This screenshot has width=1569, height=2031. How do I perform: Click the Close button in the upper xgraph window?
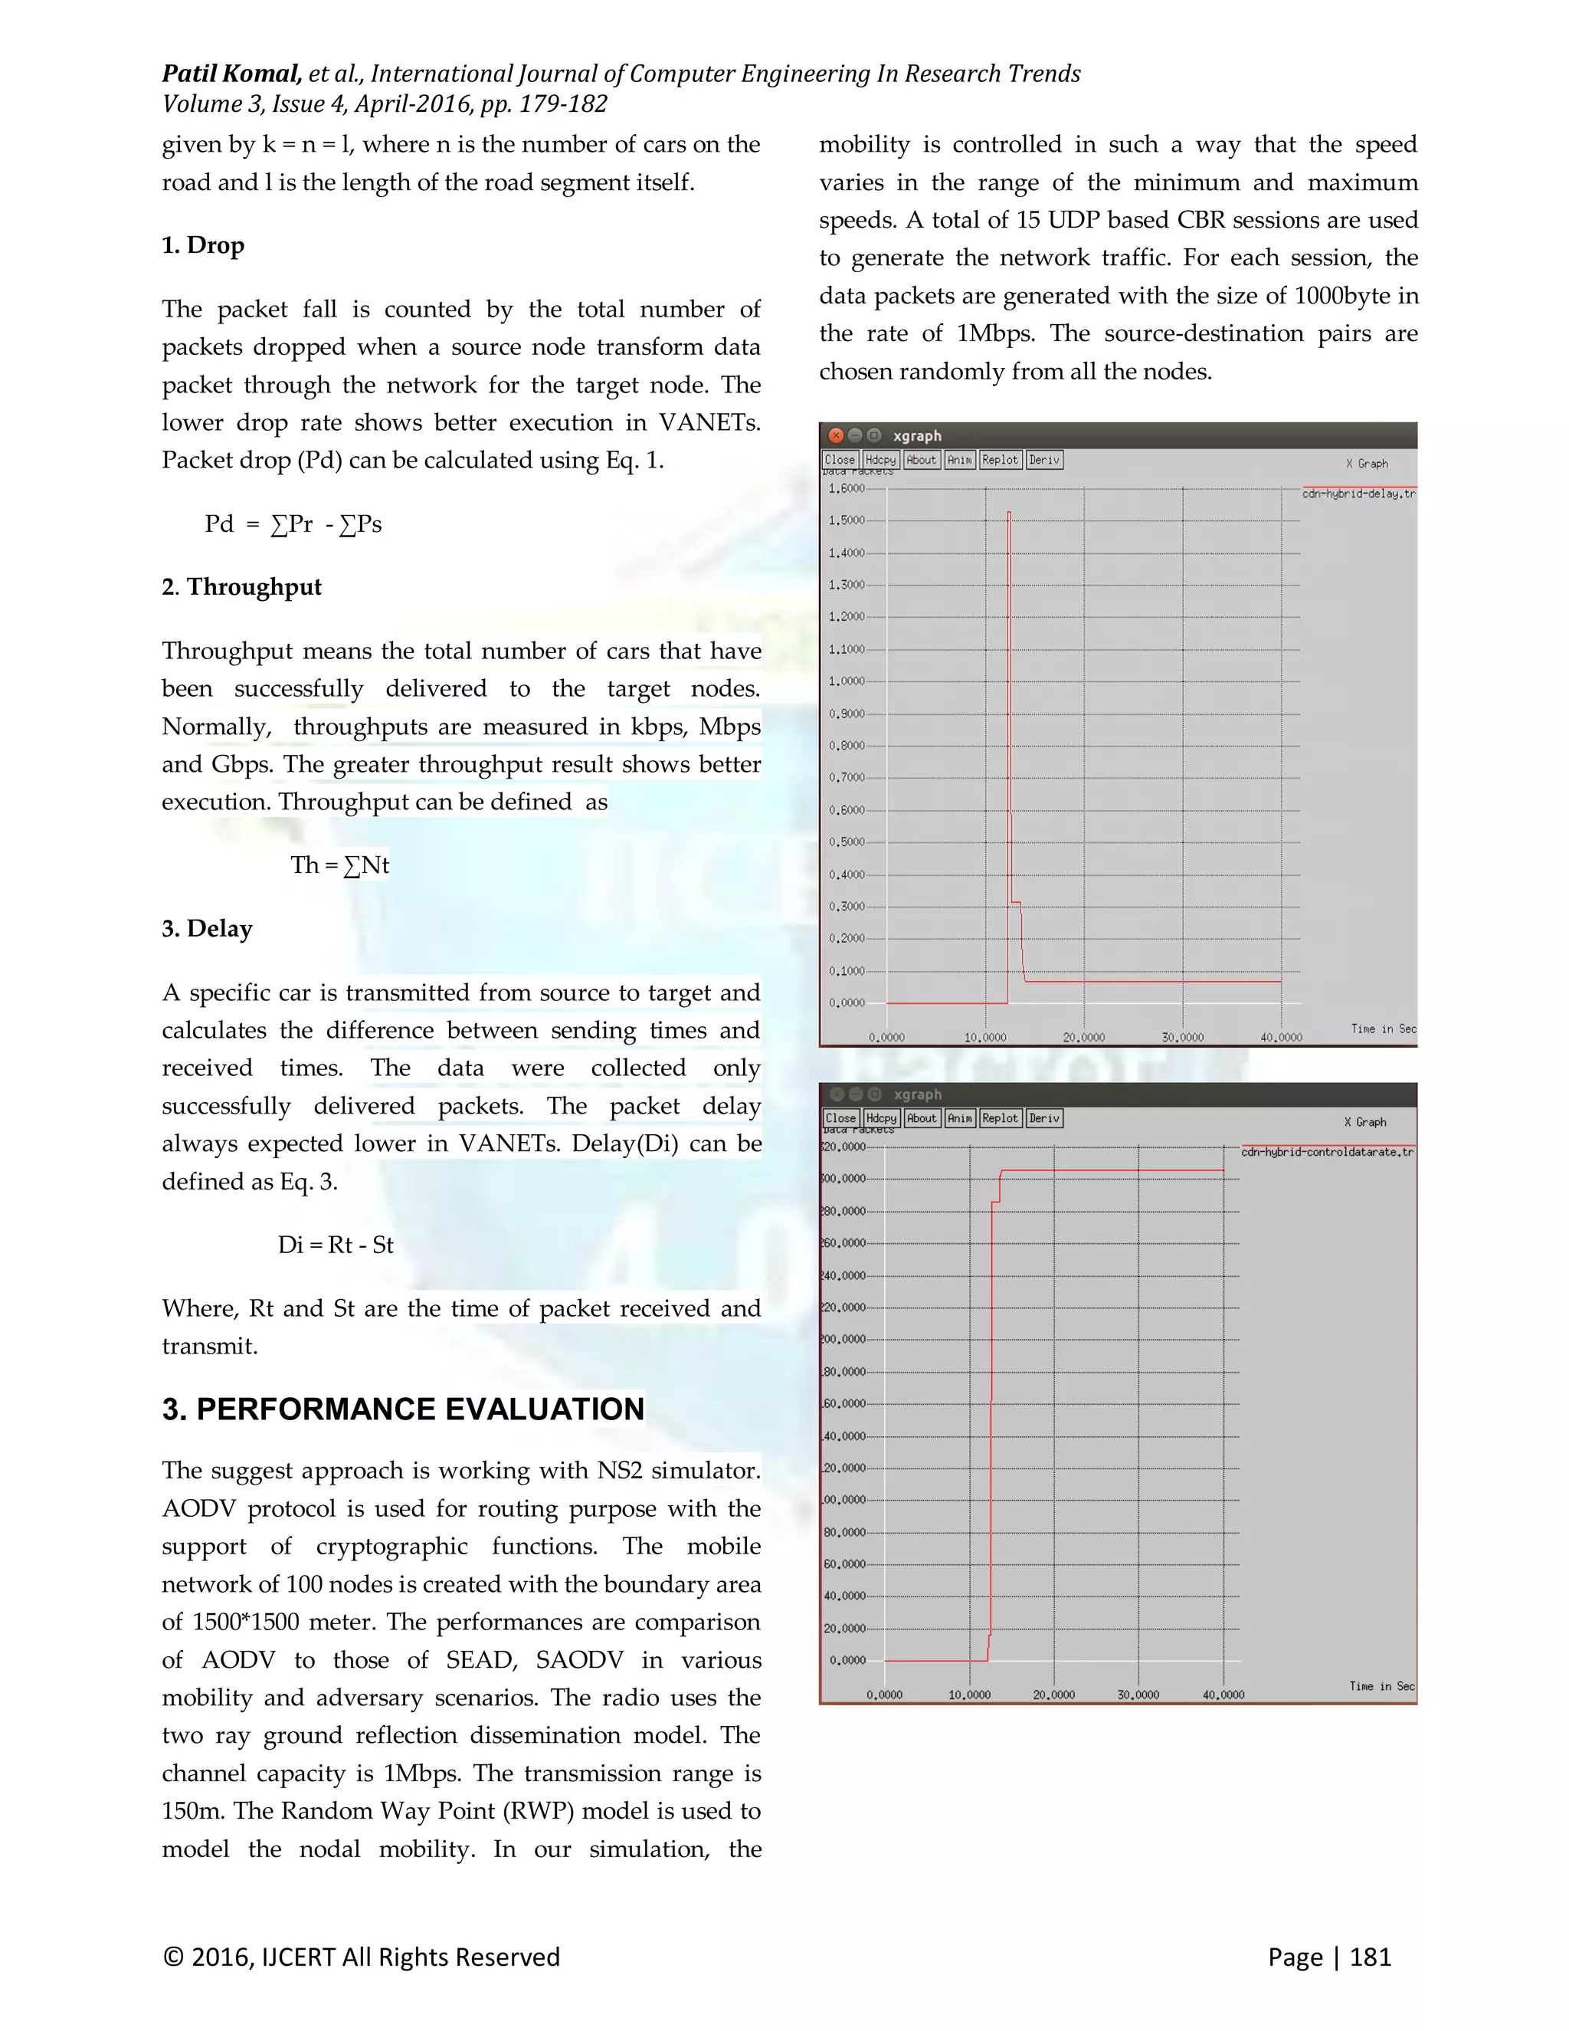click(840, 459)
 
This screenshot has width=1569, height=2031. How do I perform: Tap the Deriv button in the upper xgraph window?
click(1044, 459)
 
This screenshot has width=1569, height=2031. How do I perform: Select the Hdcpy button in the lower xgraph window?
click(880, 1117)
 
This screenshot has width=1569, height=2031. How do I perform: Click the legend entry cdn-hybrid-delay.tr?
click(1358, 494)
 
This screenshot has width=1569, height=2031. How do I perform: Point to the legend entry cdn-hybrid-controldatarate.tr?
click(1328, 1152)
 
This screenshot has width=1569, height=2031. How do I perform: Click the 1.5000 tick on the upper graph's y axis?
click(846, 520)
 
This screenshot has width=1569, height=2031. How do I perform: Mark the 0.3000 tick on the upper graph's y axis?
click(846, 907)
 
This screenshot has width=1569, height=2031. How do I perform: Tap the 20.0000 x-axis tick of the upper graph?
click(1084, 1037)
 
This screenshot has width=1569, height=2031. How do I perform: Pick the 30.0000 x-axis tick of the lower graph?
click(1138, 1695)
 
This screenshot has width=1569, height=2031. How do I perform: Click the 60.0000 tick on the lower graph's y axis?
click(844, 1564)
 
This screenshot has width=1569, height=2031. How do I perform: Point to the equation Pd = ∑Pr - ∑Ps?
click(293, 524)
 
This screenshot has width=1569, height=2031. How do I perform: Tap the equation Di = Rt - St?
click(336, 1245)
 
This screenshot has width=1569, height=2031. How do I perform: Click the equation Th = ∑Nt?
click(339, 866)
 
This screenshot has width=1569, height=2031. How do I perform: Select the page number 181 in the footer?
click(1370, 1957)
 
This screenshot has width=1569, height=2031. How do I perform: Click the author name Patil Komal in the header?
click(231, 74)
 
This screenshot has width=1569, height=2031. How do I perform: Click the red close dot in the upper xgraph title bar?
click(836, 435)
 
